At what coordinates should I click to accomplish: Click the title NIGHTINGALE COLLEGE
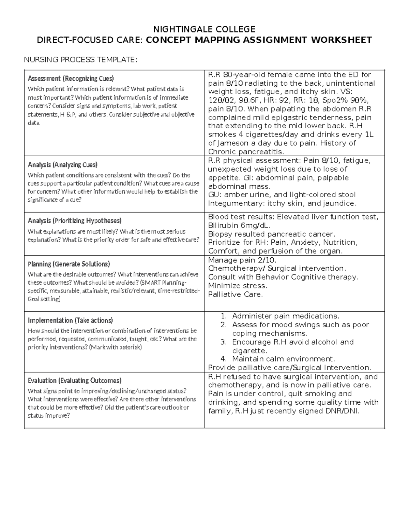point(204,29)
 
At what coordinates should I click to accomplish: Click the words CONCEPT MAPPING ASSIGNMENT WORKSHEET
point(259,40)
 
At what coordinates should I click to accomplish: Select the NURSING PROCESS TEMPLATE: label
point(80,60)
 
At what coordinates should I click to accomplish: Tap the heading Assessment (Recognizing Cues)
point(71,78)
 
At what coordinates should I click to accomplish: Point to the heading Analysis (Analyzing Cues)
point(62,165)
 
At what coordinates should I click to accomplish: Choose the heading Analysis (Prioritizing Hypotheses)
point(74,221)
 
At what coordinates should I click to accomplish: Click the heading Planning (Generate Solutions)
point(69,264)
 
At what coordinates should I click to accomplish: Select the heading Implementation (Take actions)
point(70,320)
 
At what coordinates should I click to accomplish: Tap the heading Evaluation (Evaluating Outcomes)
point(74,381)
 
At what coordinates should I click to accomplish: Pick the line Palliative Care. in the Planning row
point(235,294)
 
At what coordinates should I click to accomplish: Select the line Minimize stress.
point(237,286)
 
